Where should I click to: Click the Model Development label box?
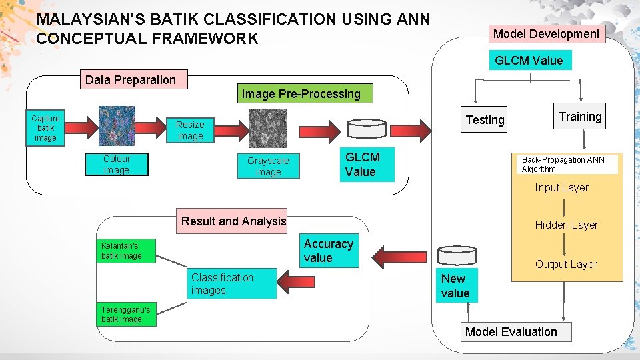tap(546, 34)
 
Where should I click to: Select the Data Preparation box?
tap(131, 80)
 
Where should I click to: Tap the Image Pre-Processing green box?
tap(301, 94)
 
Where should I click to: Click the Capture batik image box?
tap(45, 127)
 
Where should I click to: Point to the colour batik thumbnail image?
tap(117, 126)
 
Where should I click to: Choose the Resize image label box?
tap(190, 130)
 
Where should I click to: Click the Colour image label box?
tap(117, 165)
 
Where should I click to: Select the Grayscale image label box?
tap(268, 167)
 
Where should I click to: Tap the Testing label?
tap(485, 120)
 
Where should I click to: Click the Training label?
tap(580, 117)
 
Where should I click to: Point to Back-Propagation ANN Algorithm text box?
tap(567, 165)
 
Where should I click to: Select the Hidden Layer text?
tap(566, 225)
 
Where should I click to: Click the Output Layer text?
tap(565, 265)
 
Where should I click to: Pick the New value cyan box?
tap(456, 286)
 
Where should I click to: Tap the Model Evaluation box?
tap(511, 332)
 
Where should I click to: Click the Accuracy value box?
tap(329, 251)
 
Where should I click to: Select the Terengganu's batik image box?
tap(126, 314)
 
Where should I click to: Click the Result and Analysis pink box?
tap(233, 221)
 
